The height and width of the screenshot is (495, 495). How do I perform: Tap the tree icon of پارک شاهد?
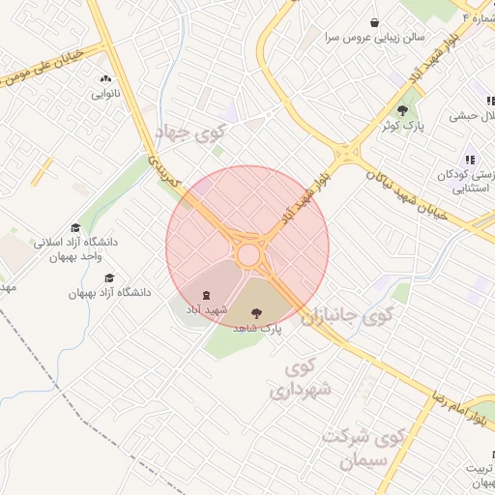click(256, 312)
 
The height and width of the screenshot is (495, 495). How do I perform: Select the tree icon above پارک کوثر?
click(402, 109)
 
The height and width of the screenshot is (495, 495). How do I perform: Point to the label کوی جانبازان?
click(349, 316)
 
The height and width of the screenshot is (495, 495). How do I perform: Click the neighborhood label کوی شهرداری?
click(300, 379)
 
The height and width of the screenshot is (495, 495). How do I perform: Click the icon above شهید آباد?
click(206, 294)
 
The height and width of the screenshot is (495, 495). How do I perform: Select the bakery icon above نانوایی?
click(105, 78)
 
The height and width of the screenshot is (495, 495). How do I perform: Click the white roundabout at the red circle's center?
click(248, 254)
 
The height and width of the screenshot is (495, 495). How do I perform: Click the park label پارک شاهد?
click(256, 329)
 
